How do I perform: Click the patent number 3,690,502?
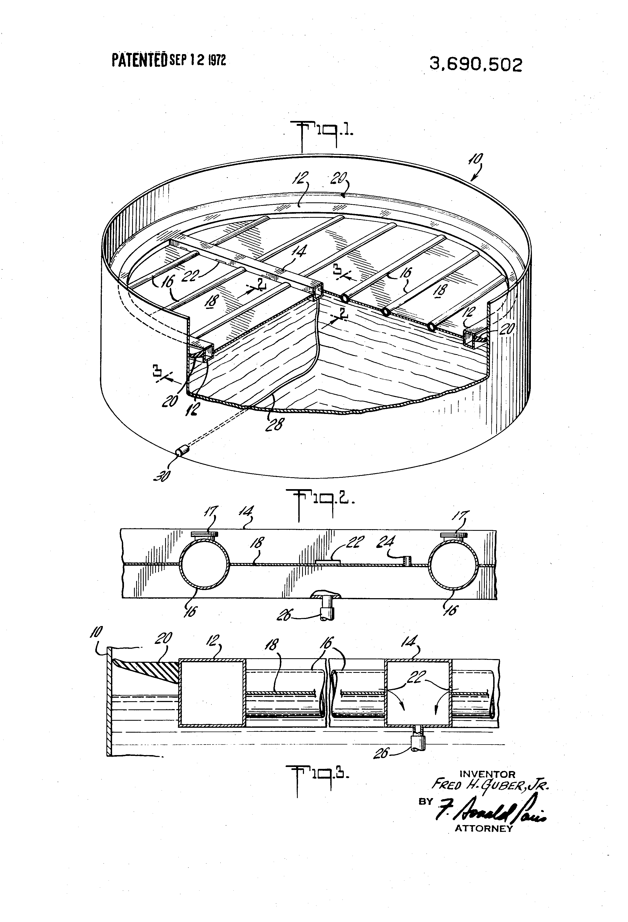(476, 65)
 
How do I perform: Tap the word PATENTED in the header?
(139, 61)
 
